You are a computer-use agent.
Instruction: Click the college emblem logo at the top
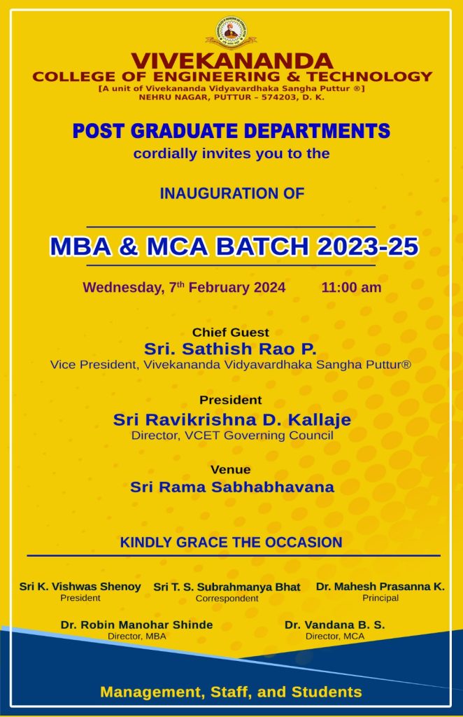[x=231, y=32]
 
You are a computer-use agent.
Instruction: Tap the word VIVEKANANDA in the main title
[x=232, y=60]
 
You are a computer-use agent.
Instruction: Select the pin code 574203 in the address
[x=278, y=97]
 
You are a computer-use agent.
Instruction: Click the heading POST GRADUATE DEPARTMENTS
[x=231, y=131]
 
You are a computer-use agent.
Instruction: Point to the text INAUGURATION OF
[x=232, y=193]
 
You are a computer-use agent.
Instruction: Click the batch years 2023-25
[x=368, y=246]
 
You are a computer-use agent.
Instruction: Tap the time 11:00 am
[x=351, y=287]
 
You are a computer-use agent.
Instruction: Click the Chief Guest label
[x=231, y=332]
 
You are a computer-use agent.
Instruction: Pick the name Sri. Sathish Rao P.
[x=230, y=349]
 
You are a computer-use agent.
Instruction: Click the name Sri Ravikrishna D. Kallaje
[x=232, y=419]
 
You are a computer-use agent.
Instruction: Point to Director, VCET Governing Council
[x=232, y=436]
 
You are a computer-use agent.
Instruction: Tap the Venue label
[x=231, y=470]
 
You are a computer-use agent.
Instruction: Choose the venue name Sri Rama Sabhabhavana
[x=232, y=487]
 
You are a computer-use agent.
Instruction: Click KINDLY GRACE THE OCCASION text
[x=231, y=543]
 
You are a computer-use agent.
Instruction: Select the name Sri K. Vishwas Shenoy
[x=80, y=587]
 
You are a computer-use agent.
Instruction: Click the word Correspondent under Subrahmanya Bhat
[x=227, y=599]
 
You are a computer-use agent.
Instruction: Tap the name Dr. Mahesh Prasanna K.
[x=380, y=587]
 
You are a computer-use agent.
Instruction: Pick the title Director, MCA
[x=335, y=636]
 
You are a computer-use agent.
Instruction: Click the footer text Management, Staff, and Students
[x=231, y=692]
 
